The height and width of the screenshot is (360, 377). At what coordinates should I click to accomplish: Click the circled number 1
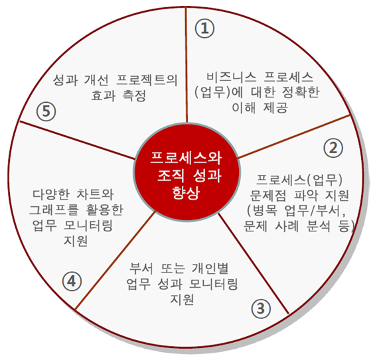tap(204, 29)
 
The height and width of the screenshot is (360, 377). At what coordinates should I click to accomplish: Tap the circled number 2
tap(333, 148)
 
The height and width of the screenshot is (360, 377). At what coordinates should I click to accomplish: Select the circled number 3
tap(261, 308)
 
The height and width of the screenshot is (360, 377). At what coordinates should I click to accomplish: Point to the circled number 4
tap(72, 281)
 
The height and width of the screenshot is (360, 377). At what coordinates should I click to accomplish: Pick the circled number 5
tap(46, 111)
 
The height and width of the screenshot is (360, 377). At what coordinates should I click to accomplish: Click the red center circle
tap(187, 172)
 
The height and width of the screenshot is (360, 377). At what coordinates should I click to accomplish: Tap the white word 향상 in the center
tap(187, 193)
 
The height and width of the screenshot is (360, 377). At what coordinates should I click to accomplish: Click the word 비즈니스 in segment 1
tap(231, 78)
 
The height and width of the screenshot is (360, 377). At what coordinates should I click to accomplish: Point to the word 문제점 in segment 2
tap(268, 195)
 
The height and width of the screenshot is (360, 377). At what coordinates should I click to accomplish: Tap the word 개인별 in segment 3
tap(210, 269)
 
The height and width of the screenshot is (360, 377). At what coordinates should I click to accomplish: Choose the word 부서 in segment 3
tap(141, 269)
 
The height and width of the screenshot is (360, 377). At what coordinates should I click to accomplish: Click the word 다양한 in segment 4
tap(50, 194)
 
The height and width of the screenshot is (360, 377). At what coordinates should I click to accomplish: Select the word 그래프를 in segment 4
tap(54, 210)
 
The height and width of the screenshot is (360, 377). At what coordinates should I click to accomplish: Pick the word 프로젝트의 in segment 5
tap(147, 80)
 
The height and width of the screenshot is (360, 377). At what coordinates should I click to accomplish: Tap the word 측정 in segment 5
tap(134, 95)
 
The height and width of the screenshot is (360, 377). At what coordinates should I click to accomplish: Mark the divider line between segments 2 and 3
tap(253, 263)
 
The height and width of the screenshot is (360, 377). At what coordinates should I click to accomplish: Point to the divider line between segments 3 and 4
tap(115, 261)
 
